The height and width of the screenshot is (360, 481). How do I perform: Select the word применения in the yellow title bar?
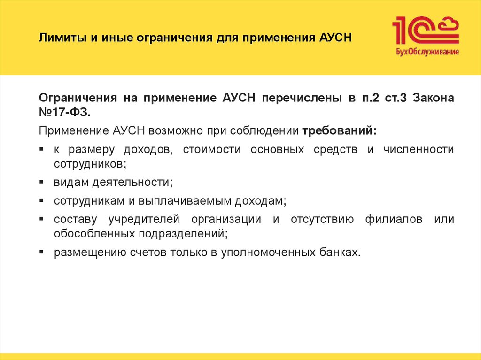[x=272, y=37]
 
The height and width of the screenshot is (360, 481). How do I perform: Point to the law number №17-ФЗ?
[x=63, y=113]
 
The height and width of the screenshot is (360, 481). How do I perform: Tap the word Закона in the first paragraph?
[x=435, y=98]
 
